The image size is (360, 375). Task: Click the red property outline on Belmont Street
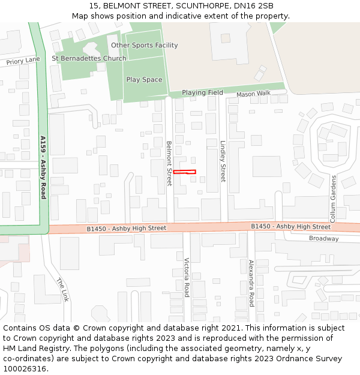click(x=184, y=172)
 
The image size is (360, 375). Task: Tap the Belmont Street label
click(x=169, y=163)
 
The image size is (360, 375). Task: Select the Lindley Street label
click(x=223, y=161)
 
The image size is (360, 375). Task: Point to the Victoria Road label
click(x=187, y=277)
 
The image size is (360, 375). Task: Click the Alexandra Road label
click(x=252, y=283)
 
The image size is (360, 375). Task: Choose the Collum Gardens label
click(x=334, y=199)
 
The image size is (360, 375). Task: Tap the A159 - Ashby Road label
click(x=43, y=167)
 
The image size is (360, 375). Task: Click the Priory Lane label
click(x=23, y=61)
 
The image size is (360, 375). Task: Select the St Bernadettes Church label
click(x=89, y=59)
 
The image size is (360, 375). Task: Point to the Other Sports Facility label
click(x=144, y=46)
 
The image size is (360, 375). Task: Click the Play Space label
click(x=144, y=80)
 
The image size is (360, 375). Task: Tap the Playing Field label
click(x=202, y=93)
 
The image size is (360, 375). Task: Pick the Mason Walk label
click(x=253, y=94)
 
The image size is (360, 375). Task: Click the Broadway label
click(x=323, y=239)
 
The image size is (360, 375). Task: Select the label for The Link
click(x=63, y=289)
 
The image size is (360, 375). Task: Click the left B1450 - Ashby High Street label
click(x=126, y=229)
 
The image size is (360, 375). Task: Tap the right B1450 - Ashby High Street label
click(x=290, y=227)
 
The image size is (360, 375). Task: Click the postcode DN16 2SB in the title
click(x=254, y=6)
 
